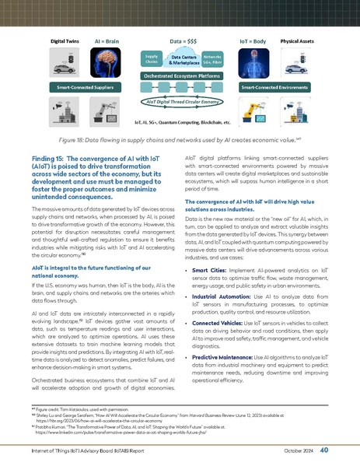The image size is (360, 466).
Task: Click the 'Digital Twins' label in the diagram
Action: (67, 37)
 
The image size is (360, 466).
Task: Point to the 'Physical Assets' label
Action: (295, 37)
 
